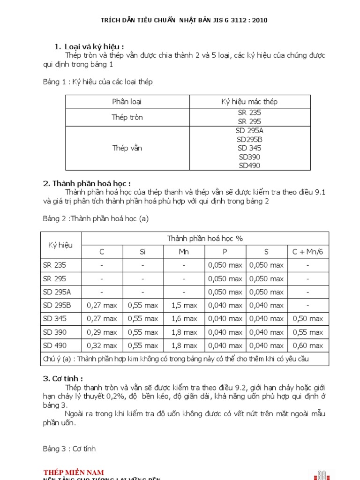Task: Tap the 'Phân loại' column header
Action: (x=127, y=102)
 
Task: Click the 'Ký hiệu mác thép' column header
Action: (x=249, y=102)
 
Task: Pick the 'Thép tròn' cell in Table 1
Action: (x=127, y=117)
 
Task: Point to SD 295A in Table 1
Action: (x=249, y=131)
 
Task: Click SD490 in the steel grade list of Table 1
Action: (x=249, y=165)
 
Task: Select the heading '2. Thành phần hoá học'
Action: (x=87, y=183)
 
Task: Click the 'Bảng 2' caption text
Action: (x=96, y=218)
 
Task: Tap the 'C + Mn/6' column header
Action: (x=307, y=252)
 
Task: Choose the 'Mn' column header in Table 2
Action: (x=184, y=252)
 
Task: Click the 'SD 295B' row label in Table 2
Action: (x=57, y=305)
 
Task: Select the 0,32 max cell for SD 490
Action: (x=102, y=345)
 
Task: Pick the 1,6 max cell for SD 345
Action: (x=184, y=319)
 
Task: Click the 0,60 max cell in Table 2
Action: (x=307, y=345)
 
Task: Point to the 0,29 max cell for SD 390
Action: (x=102, y=332)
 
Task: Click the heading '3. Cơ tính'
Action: (x=63, y=378)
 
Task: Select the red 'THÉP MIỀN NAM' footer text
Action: (x=74, y=472)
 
